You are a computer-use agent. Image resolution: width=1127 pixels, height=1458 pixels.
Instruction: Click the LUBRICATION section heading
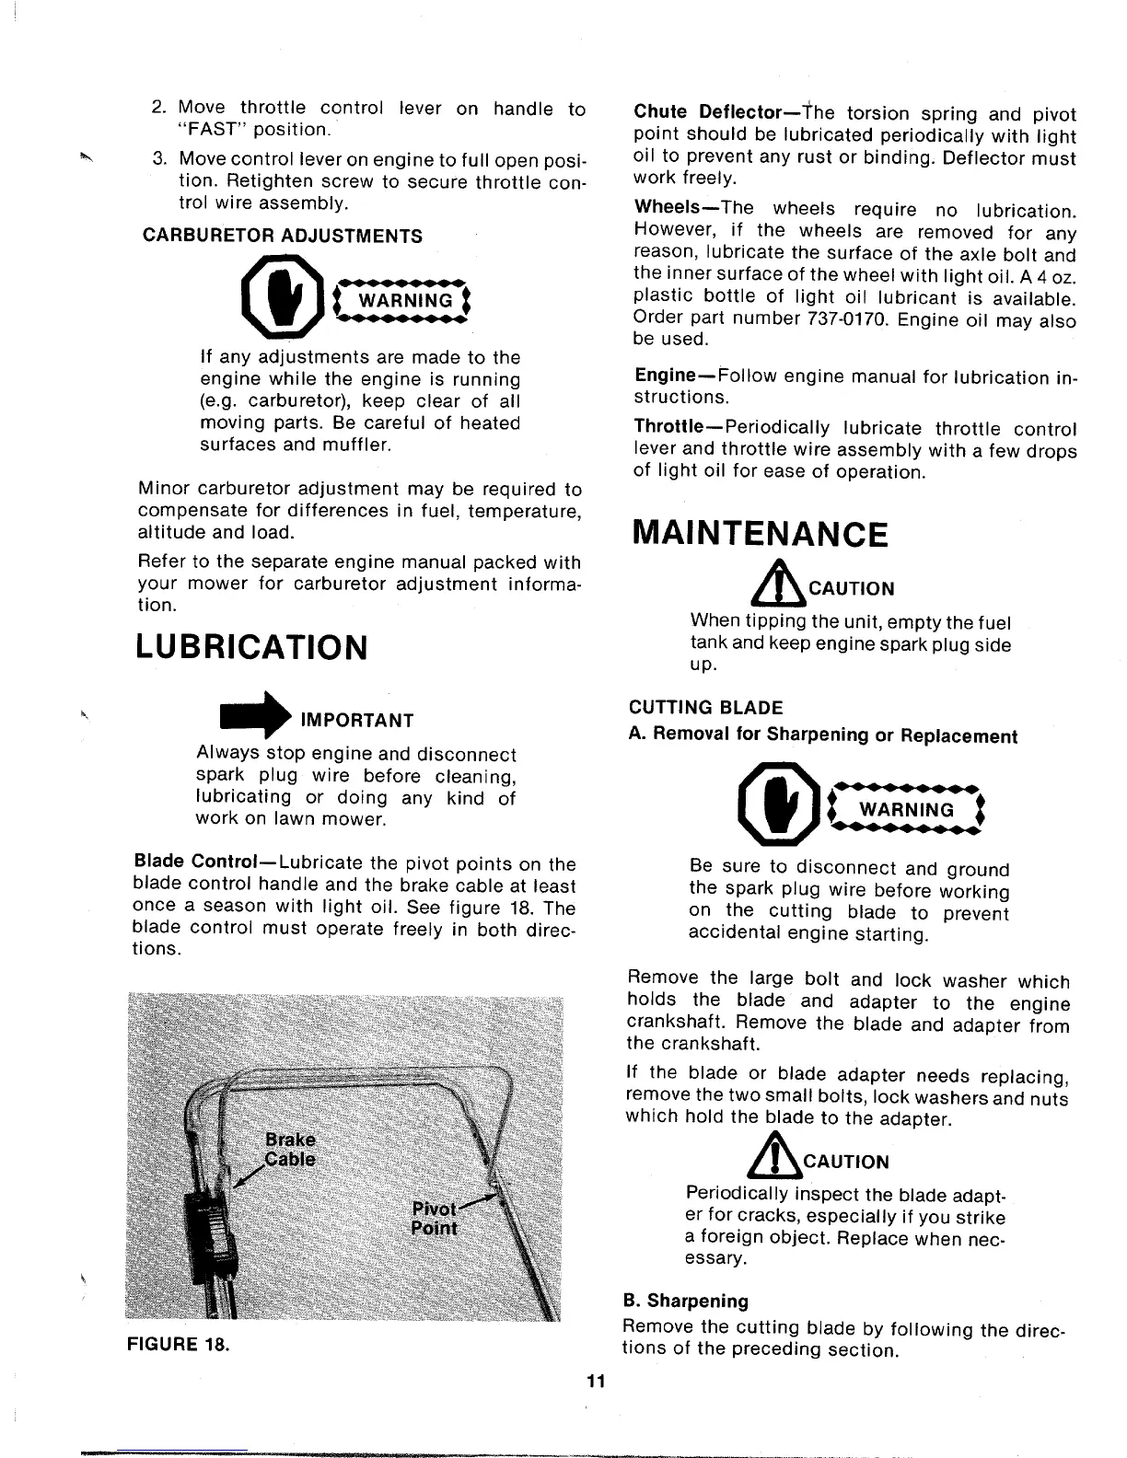251,647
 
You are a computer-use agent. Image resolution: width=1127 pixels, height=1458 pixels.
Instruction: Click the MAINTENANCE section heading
761,534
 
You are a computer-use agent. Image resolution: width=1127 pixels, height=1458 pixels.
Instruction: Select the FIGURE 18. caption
178,1343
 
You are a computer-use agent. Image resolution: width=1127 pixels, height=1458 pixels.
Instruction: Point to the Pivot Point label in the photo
433,1219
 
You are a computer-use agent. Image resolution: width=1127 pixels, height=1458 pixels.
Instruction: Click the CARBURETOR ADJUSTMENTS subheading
283,236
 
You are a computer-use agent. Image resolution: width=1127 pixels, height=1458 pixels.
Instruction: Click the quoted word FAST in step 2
207,130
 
